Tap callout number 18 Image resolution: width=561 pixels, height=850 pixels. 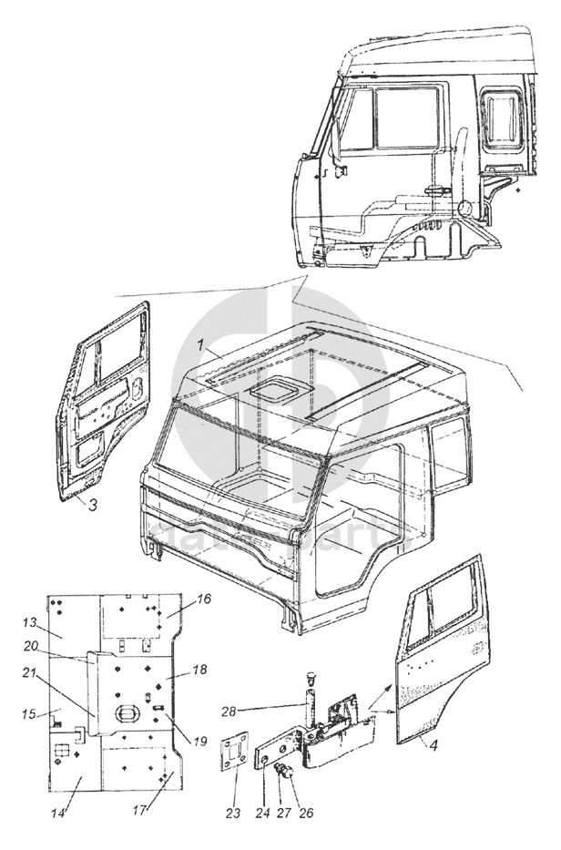tap(200, 670)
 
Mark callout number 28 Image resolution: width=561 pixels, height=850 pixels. tap(232, 710)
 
